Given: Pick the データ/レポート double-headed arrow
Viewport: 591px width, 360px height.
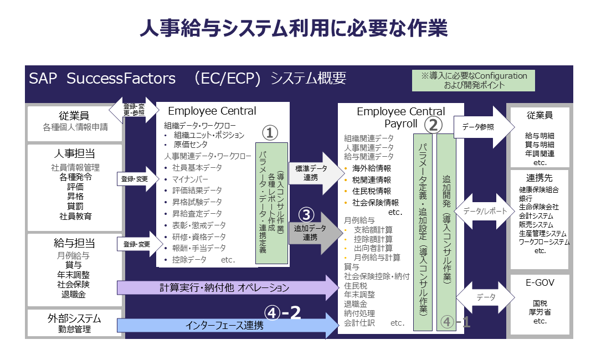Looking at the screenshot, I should [480, 210].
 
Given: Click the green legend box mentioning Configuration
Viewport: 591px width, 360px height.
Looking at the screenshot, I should [474, 80].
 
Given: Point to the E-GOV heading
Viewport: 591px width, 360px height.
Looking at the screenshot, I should [539, 282].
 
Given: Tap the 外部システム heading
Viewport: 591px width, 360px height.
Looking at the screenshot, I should [74, 318].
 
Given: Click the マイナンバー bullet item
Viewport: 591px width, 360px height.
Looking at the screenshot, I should [191, 179].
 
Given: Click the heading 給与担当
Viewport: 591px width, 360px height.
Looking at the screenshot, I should [75, 244].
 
